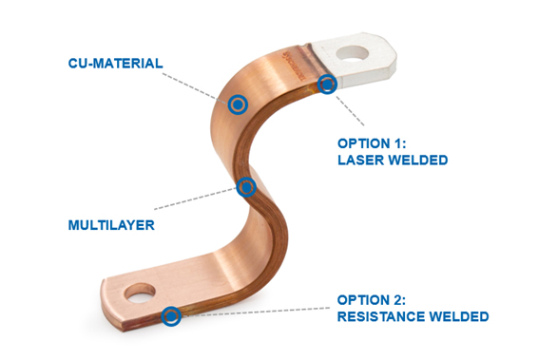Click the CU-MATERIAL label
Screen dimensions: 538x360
115,64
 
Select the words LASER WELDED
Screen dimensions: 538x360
392,160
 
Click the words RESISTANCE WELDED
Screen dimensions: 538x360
413,316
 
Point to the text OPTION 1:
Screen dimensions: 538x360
375,143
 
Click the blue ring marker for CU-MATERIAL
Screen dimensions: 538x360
237,104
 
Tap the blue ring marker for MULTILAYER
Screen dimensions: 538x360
247,186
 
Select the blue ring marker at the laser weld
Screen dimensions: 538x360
327,85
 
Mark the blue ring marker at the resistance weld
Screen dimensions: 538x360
171,315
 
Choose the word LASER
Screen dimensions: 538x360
359,160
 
